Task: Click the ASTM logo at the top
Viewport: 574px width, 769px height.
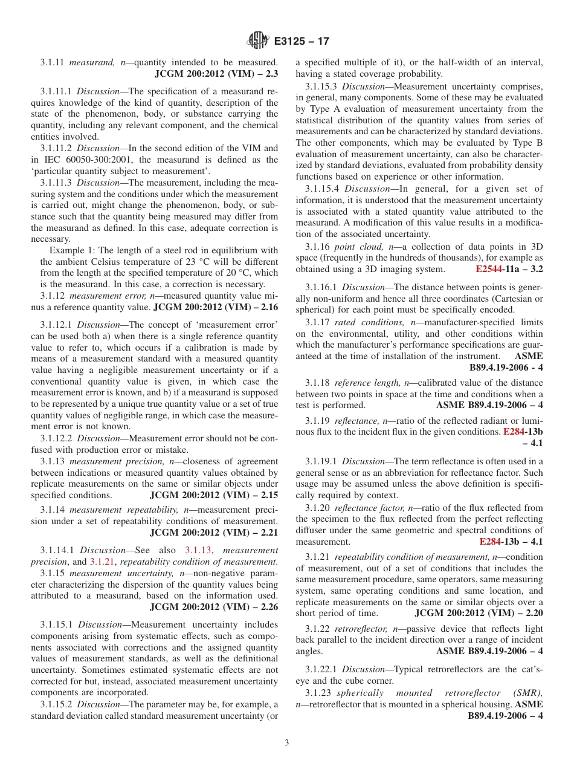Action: (x=258, y=42)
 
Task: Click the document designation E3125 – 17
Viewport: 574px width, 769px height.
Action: (x=302, y=42)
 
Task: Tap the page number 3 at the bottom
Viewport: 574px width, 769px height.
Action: (x=286, y=743)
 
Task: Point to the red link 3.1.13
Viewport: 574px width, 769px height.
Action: (x=196, y=550)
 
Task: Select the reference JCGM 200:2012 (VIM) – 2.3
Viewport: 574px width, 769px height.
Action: (x=216, y=74)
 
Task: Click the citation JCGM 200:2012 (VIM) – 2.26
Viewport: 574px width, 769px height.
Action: (x=214, y=607)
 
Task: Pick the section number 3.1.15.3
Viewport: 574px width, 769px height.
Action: (x=321, y=86)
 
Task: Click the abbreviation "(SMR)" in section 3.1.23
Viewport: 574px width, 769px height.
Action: (x=526, y=693)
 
